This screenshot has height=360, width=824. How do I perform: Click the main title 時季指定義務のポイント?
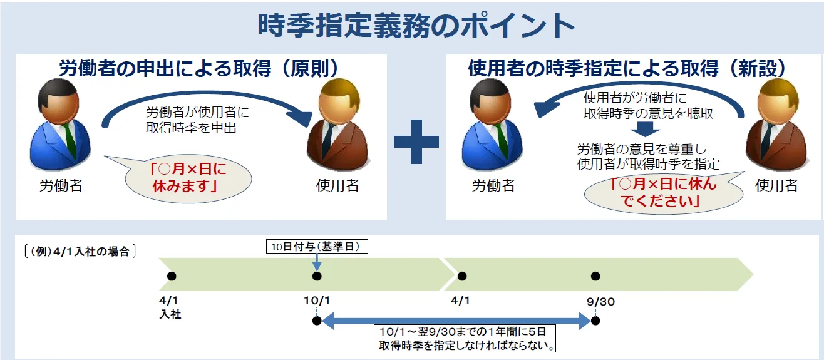click(x=416, y=26)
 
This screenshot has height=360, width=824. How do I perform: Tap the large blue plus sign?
click(x=416, y=141)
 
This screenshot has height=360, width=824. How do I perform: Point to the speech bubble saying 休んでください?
click(x=663, y=192)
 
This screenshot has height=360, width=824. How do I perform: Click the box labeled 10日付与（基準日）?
click(x=316, y=247)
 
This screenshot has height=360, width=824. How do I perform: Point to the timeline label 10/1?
click(x=316, y=301)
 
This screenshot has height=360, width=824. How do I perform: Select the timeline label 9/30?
click(x=600, y=301)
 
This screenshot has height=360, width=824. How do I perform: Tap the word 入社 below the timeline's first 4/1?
click(x=170, y=314)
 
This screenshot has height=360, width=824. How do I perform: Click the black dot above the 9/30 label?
click(x=595, y=276)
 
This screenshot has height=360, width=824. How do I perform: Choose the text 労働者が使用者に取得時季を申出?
click(x=197, y=120)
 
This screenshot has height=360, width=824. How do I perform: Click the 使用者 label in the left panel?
click(x=337, y=185)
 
